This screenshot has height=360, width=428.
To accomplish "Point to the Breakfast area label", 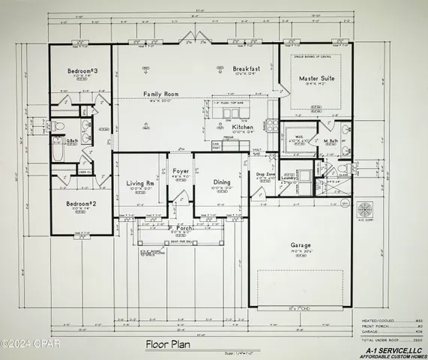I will (x=246, y=67).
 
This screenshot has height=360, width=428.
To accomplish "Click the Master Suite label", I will (x=317, y=78).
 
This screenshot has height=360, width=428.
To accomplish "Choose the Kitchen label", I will (x=243, y=128).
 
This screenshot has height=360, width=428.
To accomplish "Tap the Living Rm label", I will (x=139, y=182).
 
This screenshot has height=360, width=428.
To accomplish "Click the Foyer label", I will (x=181, y=172).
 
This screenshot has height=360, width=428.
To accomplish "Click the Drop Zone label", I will (x=266, y=174).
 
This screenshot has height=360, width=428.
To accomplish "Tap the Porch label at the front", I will (x=181, y=227).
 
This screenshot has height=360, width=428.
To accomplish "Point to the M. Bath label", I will (x=331, y=140).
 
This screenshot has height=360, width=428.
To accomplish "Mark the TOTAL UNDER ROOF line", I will (x=385, y=340).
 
